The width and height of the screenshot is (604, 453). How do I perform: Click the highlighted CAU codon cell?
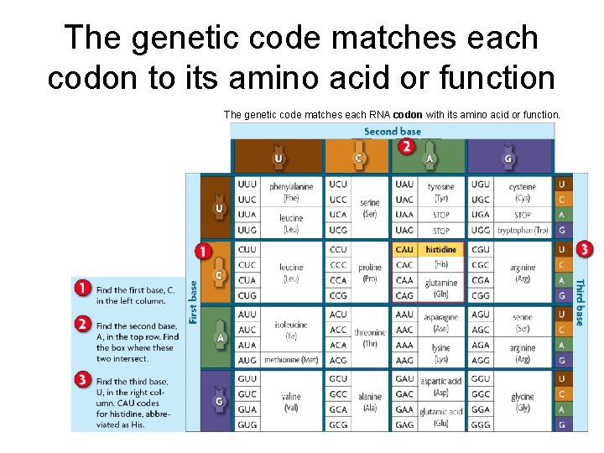(x=404, y=250)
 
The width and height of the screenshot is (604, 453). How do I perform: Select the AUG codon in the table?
(x=247, y=361)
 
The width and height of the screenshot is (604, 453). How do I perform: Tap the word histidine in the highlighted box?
(x=441, y=250)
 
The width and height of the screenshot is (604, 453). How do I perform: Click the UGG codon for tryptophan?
(x=481, y=231)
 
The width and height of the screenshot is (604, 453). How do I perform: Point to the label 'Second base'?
(x=392, y=132)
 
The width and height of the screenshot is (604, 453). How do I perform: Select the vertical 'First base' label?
(x=192, y=302)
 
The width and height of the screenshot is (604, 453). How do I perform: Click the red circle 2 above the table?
(x=407, y=147)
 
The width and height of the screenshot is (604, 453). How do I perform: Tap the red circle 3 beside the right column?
(x=585, y=249)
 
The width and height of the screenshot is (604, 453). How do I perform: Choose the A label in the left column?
(x=220, y=338)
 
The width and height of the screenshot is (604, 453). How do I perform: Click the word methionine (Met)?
(x=291, y=361)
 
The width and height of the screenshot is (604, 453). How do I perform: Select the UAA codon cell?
(x=404, y=215)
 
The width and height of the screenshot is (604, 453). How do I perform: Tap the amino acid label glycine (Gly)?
(x=523, y=403)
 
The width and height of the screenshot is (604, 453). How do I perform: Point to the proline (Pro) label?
(x=370, y=273)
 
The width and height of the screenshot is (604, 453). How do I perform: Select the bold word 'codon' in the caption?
(x=408, y=114)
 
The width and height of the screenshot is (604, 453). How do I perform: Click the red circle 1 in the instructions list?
(x=82, y=288)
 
